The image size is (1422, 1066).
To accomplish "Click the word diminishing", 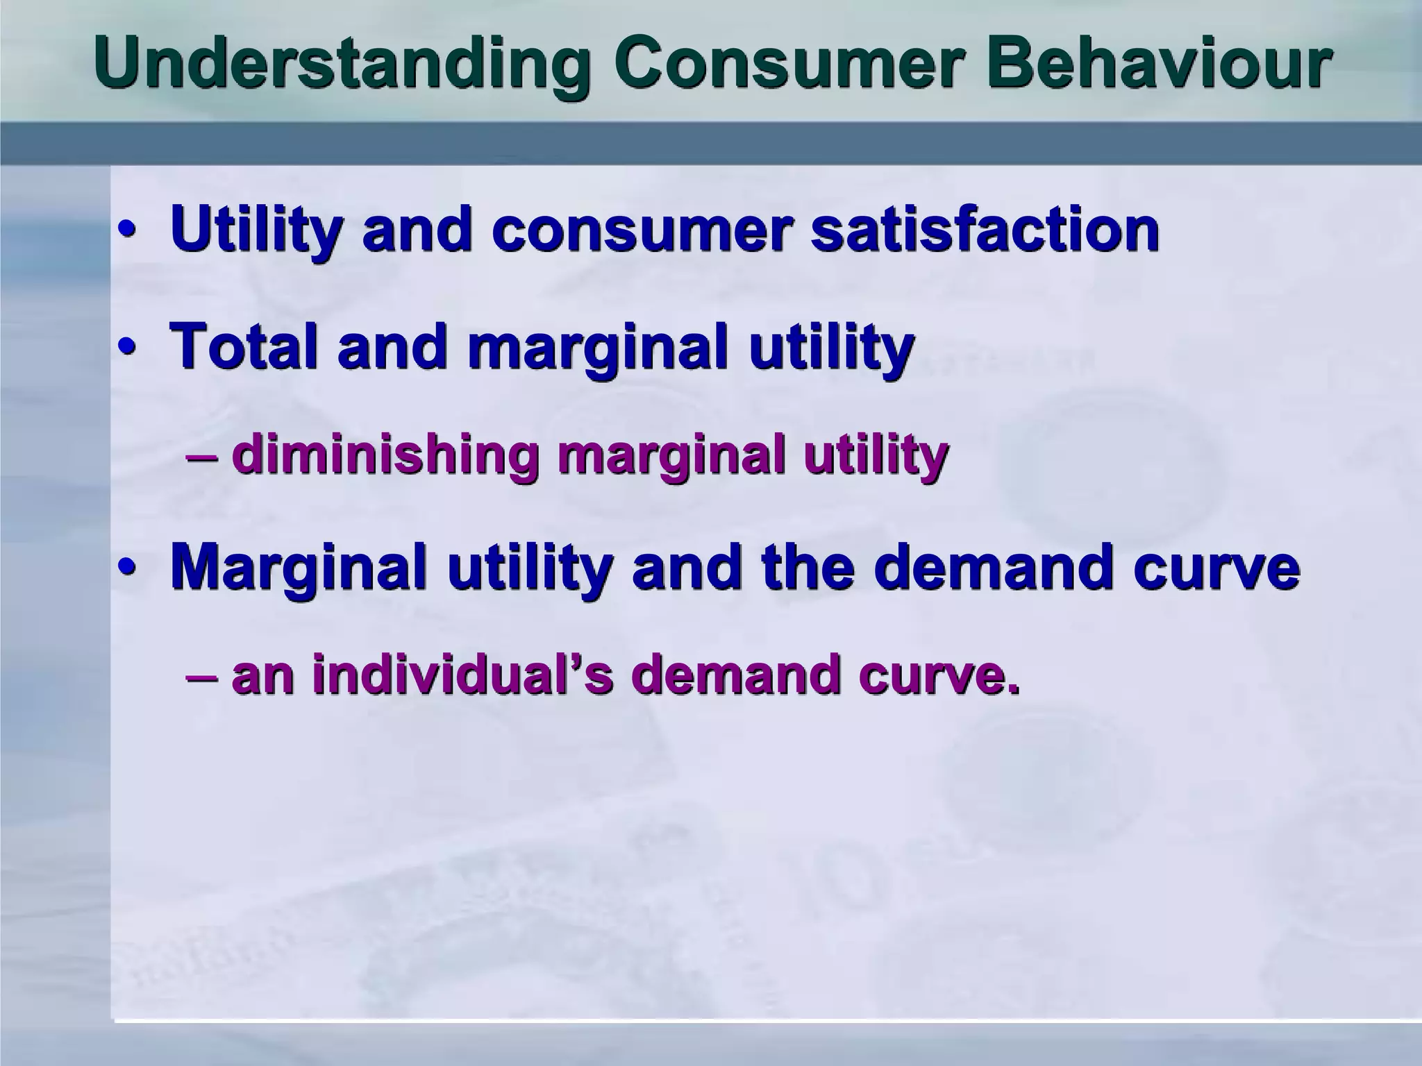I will pos(385,456).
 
